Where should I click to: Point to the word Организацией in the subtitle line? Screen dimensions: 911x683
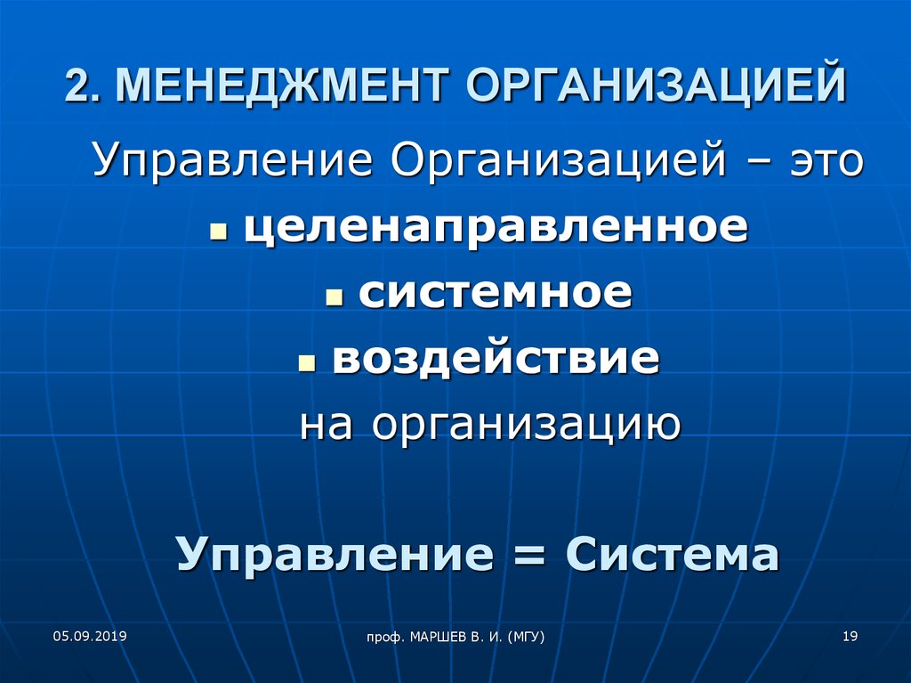click(559, 159)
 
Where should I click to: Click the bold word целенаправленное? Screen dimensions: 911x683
click(496, 227)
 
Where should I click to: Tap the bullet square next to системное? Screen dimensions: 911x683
click(335, 297)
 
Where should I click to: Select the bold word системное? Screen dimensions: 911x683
click(495, 293)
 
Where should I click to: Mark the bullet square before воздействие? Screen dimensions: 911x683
click(306, 363)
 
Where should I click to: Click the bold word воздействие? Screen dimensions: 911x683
click(496, 357)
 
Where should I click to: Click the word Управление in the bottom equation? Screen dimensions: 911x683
click(335, 555)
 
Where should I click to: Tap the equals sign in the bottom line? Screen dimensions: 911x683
click(528, 557)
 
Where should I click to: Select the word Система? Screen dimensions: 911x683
click(672, 555)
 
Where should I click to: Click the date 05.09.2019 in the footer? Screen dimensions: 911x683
click(90, 636)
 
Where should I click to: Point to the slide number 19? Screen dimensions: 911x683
click(850, 636)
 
